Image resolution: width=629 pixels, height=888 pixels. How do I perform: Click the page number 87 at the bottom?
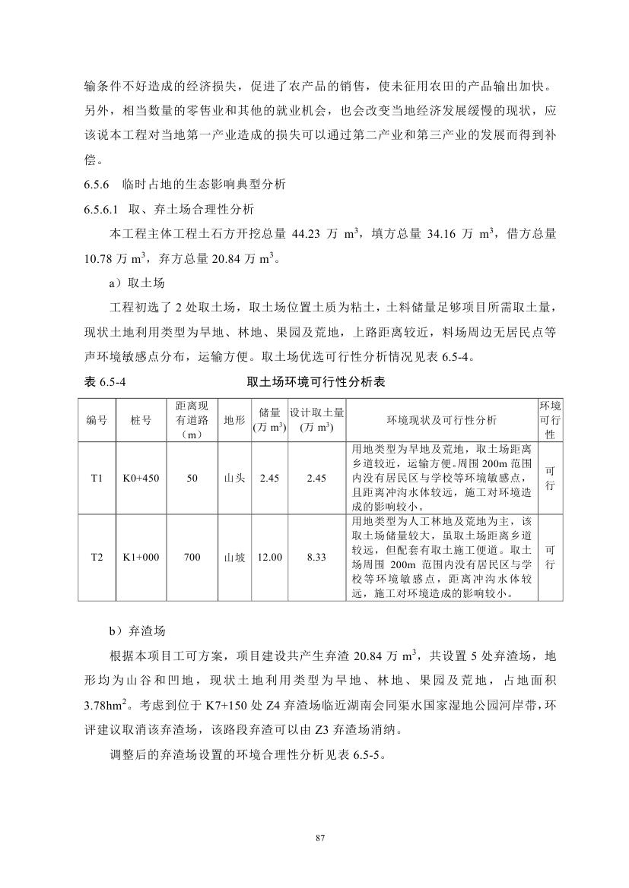click(x=319, y=838)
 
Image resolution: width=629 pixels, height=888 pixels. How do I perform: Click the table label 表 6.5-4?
click(x=101, y=382)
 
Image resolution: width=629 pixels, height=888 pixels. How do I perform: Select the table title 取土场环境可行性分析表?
click(x=316, y=382)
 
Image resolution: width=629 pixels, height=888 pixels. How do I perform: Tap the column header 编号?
click(x=97, y=419)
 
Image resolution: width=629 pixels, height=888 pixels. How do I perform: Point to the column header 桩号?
click(x=141, y=419)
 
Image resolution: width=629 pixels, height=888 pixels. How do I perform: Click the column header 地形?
click(x=233, y=419)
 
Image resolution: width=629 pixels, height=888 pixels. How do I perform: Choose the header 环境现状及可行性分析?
click(x=442, y=419)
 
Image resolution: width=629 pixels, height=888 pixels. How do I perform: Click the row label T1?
click(x=97, y=479)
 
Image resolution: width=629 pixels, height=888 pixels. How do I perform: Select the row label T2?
click(x=97, y=557)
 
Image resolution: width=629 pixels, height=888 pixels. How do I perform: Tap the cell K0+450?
click(x=141, y=479)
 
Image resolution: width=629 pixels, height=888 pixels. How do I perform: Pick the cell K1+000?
click(x=141, y=557)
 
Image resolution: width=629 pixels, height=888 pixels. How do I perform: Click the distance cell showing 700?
click(x=192, y=557)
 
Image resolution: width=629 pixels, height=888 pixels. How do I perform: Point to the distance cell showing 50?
click(x=192, y=479)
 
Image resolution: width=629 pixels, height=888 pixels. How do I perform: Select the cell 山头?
click(x=233, y=479)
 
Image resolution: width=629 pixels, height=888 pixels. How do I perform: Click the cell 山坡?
click(x=233, y=557)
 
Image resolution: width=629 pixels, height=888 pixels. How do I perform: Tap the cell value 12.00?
click(x=270, y=557)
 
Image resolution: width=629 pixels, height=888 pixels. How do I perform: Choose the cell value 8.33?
click(x=316, y=557)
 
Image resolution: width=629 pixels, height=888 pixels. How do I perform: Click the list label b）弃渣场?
click(x=138, y=630)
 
